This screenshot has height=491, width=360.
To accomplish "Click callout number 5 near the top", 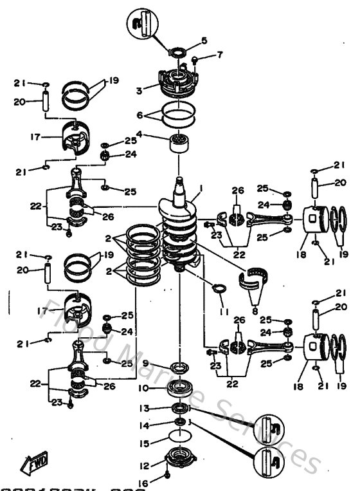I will point(204,41).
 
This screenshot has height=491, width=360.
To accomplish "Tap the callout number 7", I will point(220,54).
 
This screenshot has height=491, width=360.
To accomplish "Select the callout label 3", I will point(138,91).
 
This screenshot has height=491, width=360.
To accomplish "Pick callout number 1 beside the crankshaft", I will point(201,188).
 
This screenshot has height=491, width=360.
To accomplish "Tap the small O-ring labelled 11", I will point(219,287).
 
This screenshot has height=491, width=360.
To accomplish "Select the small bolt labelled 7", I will point(194,60).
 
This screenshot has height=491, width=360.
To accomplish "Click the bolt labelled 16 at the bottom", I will point(167,476).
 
